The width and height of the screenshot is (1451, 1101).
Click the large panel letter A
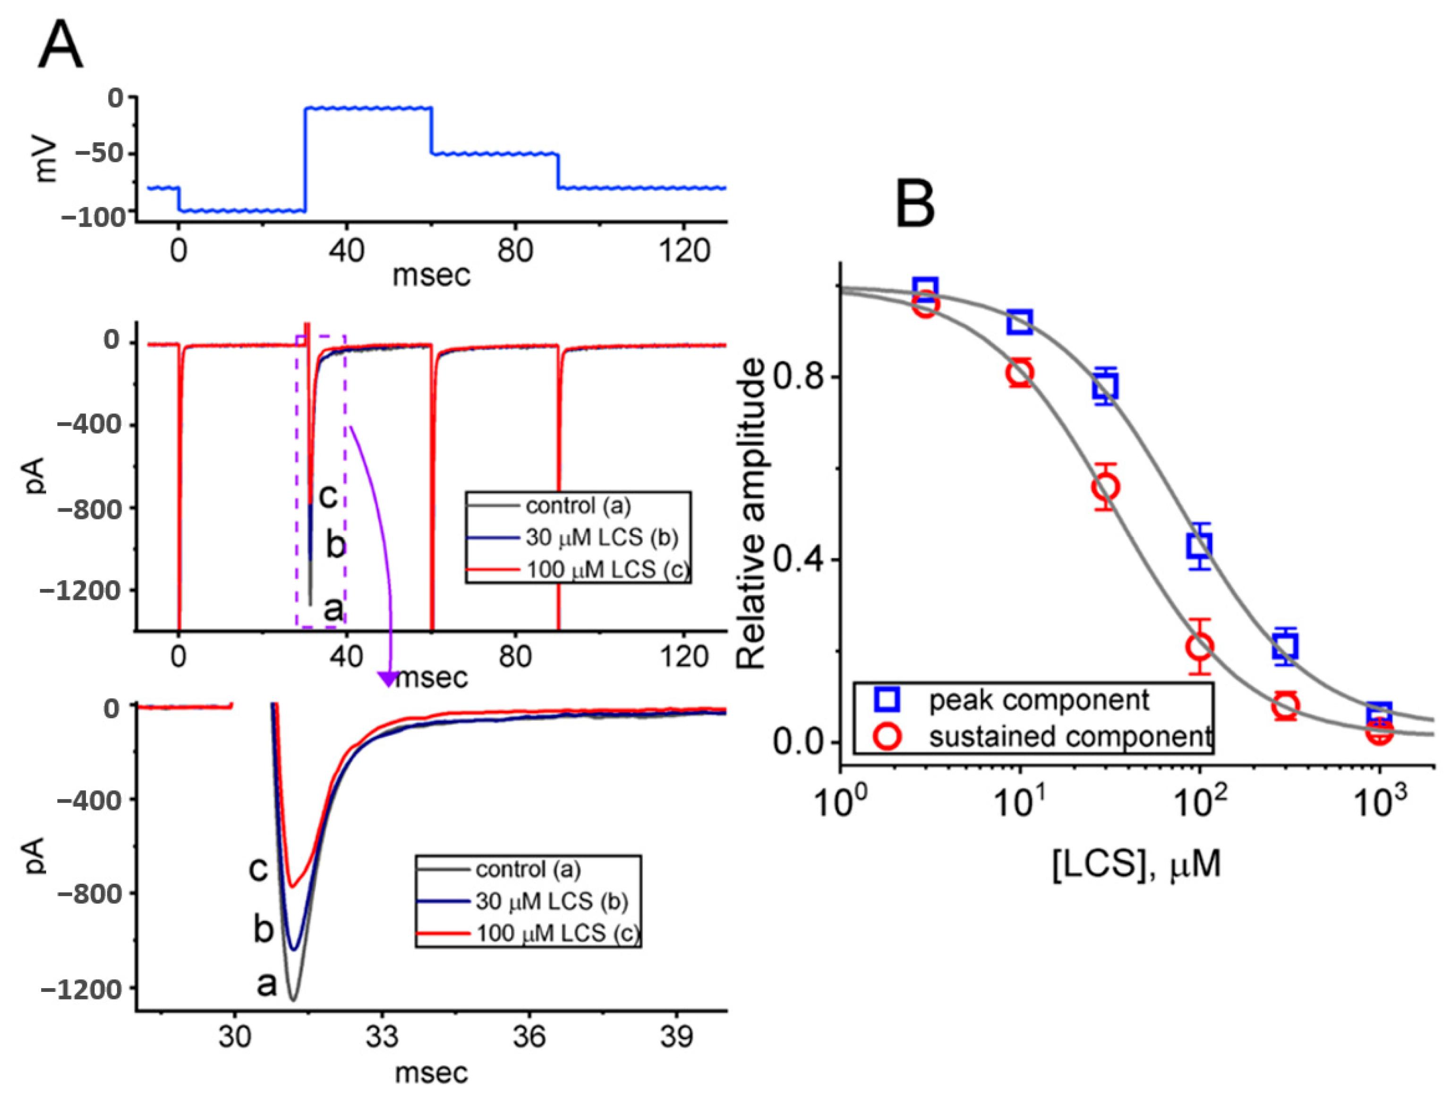(60, 44)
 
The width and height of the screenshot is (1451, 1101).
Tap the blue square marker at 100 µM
(1200, 545)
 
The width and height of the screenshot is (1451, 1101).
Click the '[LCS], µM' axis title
(1137, 864)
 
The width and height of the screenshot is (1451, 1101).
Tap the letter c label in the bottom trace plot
(258, 869)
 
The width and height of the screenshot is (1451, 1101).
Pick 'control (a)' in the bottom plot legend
(528, 870)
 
